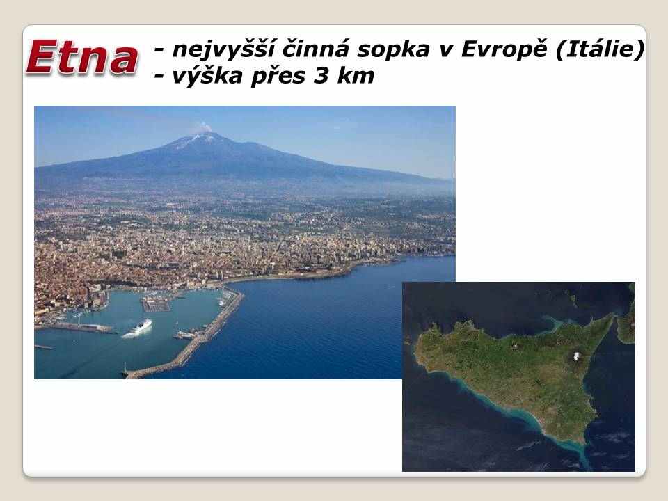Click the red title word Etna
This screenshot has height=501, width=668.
[83, 58]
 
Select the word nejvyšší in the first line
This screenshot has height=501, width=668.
[223, 50]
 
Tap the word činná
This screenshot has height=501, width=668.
[316, 49]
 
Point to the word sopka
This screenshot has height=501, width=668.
[393, 50]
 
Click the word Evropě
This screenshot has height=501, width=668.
[504, 50]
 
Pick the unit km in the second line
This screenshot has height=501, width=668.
[356, 75]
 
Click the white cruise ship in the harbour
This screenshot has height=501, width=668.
[137, 328]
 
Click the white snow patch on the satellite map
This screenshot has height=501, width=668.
[578, 356]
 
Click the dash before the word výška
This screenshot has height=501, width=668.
[159, 77]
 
